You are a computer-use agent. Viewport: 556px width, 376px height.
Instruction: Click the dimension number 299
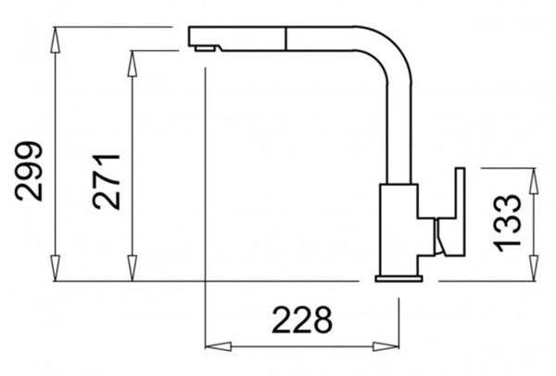pyautogui.click(x=29, y=171)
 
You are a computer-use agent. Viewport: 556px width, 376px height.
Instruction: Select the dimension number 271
pyautogui.click(x=106, y=181)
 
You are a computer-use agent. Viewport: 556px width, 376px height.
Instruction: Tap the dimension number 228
pyautogui.click(x=302, y=320)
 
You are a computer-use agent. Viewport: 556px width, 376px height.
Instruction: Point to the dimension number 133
pyautogui.click(x=508, y=223)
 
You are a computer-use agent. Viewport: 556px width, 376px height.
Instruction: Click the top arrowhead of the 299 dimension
pyautogui.click(x=55, y=41)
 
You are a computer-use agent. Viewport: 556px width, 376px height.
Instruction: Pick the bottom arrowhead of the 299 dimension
pyautogui.click(x=55, y=268)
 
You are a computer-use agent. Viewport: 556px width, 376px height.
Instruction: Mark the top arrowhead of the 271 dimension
pyautogui.click(x=133, y=64)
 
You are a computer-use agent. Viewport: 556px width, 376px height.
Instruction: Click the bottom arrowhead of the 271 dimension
pyautogui.click(x=133, y=268)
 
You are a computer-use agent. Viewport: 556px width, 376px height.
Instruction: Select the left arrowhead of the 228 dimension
pyautogui.click(x=219, y=346)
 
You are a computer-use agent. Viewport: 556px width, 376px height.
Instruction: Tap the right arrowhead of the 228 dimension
pyautogui.click(x=385, y=346)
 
